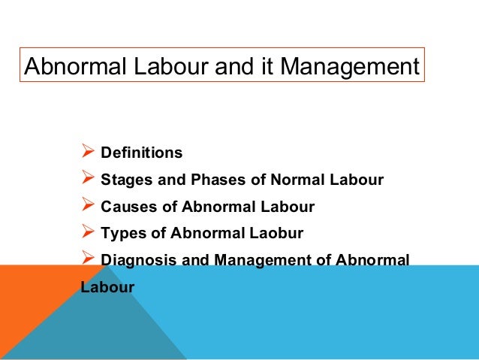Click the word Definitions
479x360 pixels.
[141, 153]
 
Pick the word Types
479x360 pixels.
[120, 234]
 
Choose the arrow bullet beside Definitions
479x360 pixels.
[86, 153]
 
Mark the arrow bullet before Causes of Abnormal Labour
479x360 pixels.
[86, 206]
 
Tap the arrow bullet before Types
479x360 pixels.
[86, 233]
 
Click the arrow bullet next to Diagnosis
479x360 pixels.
[86, 260]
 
